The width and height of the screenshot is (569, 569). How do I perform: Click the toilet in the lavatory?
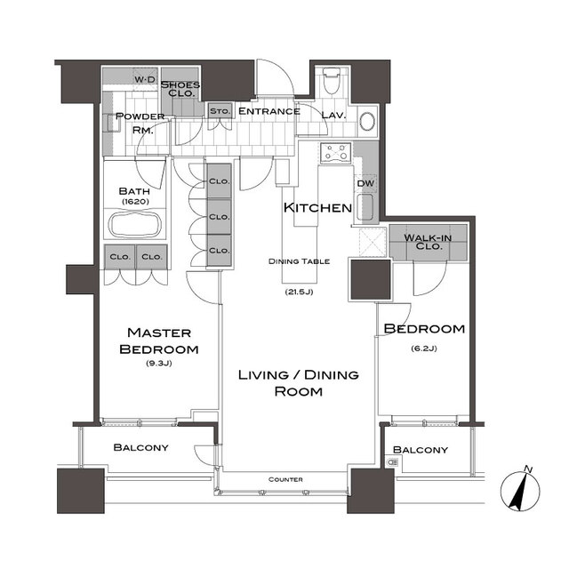[x=331, y=81]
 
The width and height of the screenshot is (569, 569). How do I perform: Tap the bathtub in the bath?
[x=135, y=224]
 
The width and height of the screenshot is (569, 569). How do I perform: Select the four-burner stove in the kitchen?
[x=336, y=152]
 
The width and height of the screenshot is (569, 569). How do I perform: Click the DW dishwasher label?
[x=365, y=183]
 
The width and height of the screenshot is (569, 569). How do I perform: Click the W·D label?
[x=145, y=79]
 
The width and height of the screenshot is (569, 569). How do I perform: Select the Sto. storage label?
[x=220, y=111]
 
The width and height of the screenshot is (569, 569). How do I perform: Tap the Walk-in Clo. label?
[x=429, y=242]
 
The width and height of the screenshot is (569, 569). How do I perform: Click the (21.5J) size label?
[x=299, y=292]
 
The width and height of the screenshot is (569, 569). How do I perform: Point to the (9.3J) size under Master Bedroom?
[x=159, y=363]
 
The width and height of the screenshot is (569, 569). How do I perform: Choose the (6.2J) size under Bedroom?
[x=424, y=349]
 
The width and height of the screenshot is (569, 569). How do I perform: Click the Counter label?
[x=285, y=480]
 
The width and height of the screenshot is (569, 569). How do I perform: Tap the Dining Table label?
[x=299, y=261]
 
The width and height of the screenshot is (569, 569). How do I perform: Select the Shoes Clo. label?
[x=180, y=89]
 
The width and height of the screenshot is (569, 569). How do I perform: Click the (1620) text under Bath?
[x=135, y=202]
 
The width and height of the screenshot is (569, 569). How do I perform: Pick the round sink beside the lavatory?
[x=367, y=121]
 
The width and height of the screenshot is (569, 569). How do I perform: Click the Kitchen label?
[x=317, y=207]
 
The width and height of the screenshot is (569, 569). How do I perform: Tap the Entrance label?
[x=268, y=111]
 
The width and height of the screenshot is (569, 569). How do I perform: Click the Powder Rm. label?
[x=140, y=124]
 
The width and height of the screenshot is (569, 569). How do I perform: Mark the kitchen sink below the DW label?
[x=365, y=207]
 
